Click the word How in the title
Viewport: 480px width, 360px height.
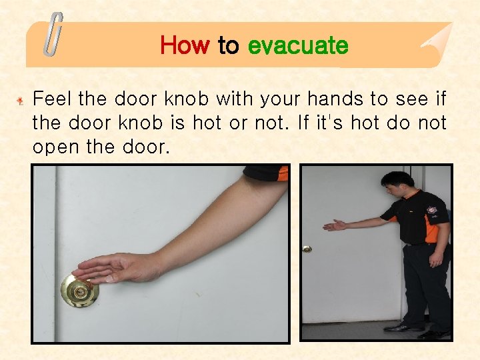[185, 46]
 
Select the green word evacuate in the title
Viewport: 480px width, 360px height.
[297, 46]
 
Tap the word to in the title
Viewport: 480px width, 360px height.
[228, 46]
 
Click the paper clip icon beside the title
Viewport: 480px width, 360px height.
[53, 35]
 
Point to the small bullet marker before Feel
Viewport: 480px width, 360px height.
[21, 101]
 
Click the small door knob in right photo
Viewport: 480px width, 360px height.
[307, 249]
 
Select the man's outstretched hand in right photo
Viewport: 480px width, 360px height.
[334, 225]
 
